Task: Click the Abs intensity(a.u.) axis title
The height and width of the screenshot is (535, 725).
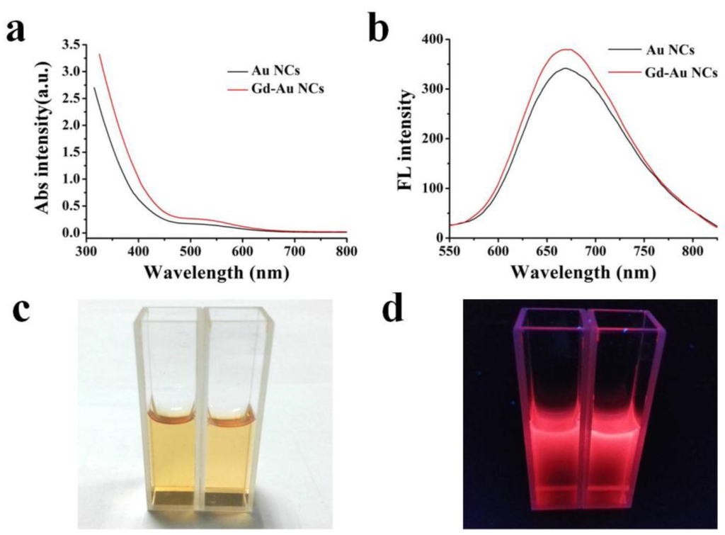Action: coord(42,136)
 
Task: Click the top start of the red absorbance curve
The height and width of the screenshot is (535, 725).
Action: coord(98,55)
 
